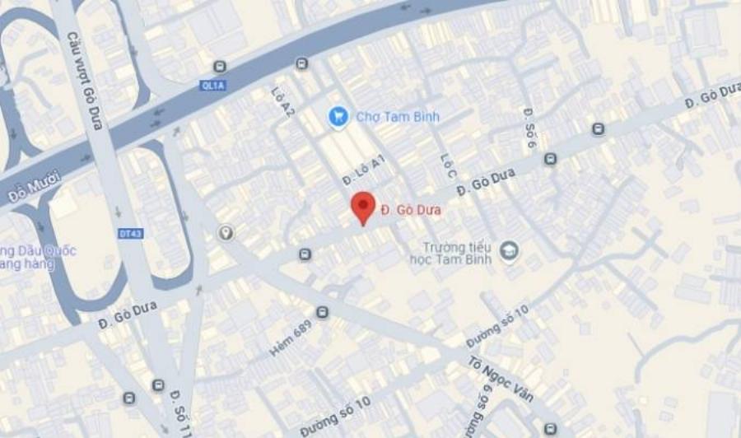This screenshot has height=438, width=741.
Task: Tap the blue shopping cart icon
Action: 338,117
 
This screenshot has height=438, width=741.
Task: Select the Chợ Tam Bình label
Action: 398,117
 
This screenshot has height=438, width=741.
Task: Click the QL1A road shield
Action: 212,86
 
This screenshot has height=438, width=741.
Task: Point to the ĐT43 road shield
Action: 131,234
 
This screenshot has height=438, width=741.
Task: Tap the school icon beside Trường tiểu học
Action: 509,249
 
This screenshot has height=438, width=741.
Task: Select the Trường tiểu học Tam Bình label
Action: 450,254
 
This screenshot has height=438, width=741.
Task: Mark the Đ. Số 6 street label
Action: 529,128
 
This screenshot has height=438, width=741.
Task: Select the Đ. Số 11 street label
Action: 180,411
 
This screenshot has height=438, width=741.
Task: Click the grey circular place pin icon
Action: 226,234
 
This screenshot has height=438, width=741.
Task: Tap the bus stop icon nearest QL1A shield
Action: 220,67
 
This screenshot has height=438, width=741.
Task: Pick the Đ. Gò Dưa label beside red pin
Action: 411,210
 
